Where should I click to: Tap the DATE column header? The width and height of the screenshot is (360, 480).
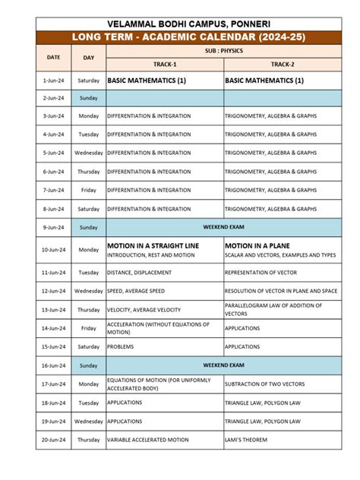[53, 57]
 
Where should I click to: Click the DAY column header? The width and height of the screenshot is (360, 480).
[89, 57]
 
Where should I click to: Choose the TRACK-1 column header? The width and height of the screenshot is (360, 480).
[164, 64]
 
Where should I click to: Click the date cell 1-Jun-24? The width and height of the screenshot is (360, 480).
[53, 80]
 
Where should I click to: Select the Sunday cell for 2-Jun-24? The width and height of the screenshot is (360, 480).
[89, 98]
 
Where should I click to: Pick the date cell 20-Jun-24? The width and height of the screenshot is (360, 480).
[53, 440]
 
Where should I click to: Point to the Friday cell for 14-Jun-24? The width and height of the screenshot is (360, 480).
[89, 328]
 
